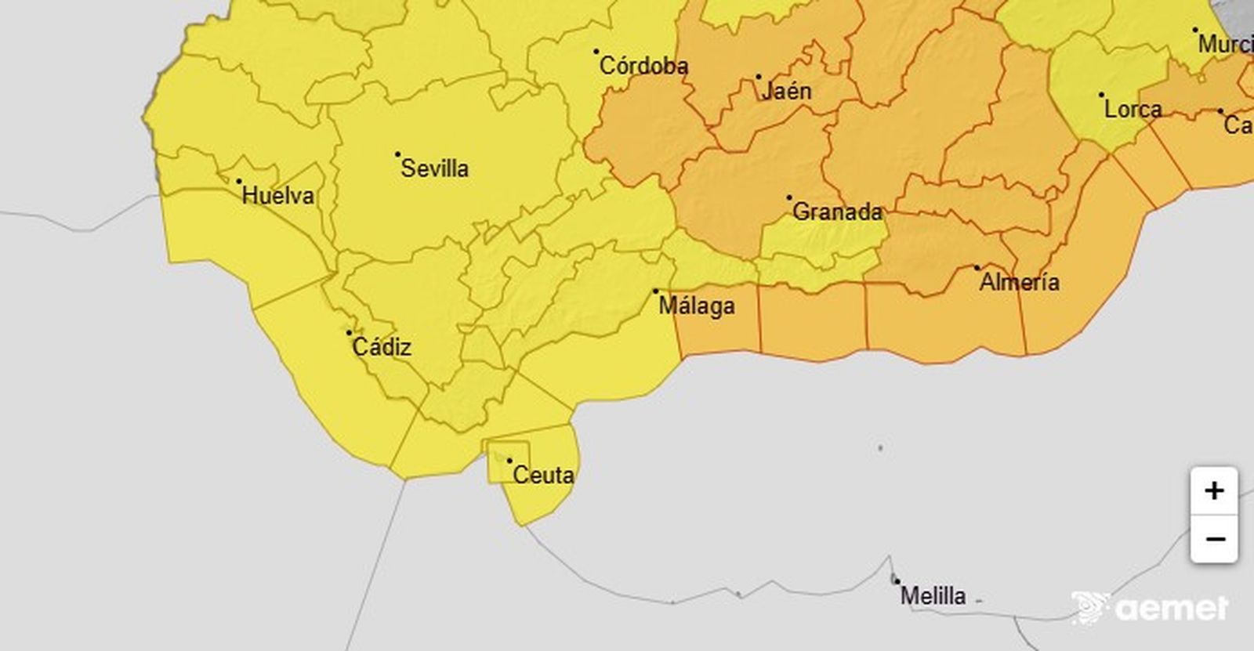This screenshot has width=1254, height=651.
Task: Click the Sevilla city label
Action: [435, 168]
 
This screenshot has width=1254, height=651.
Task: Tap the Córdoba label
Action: [643, 67]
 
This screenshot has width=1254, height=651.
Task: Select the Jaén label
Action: [786, 92]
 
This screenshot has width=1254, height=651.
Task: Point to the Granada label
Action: [837, 212]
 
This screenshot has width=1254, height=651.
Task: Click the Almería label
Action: [1019, 282]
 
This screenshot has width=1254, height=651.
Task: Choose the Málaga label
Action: [697, 306]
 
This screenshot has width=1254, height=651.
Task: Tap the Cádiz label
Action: [382, 347]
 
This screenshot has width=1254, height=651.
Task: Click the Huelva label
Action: [278, 196]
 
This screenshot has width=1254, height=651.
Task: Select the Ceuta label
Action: [543, 476]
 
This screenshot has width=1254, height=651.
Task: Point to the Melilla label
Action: [933, 596]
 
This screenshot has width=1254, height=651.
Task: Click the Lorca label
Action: [1133, 109]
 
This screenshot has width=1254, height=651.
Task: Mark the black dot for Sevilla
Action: [397, 154]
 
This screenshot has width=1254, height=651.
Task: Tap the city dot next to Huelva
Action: [239, 181]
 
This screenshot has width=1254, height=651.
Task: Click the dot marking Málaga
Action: [656, 291]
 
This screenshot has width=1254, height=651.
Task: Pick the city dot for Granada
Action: [789, 197]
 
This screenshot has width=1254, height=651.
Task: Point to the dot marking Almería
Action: [977, 268]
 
